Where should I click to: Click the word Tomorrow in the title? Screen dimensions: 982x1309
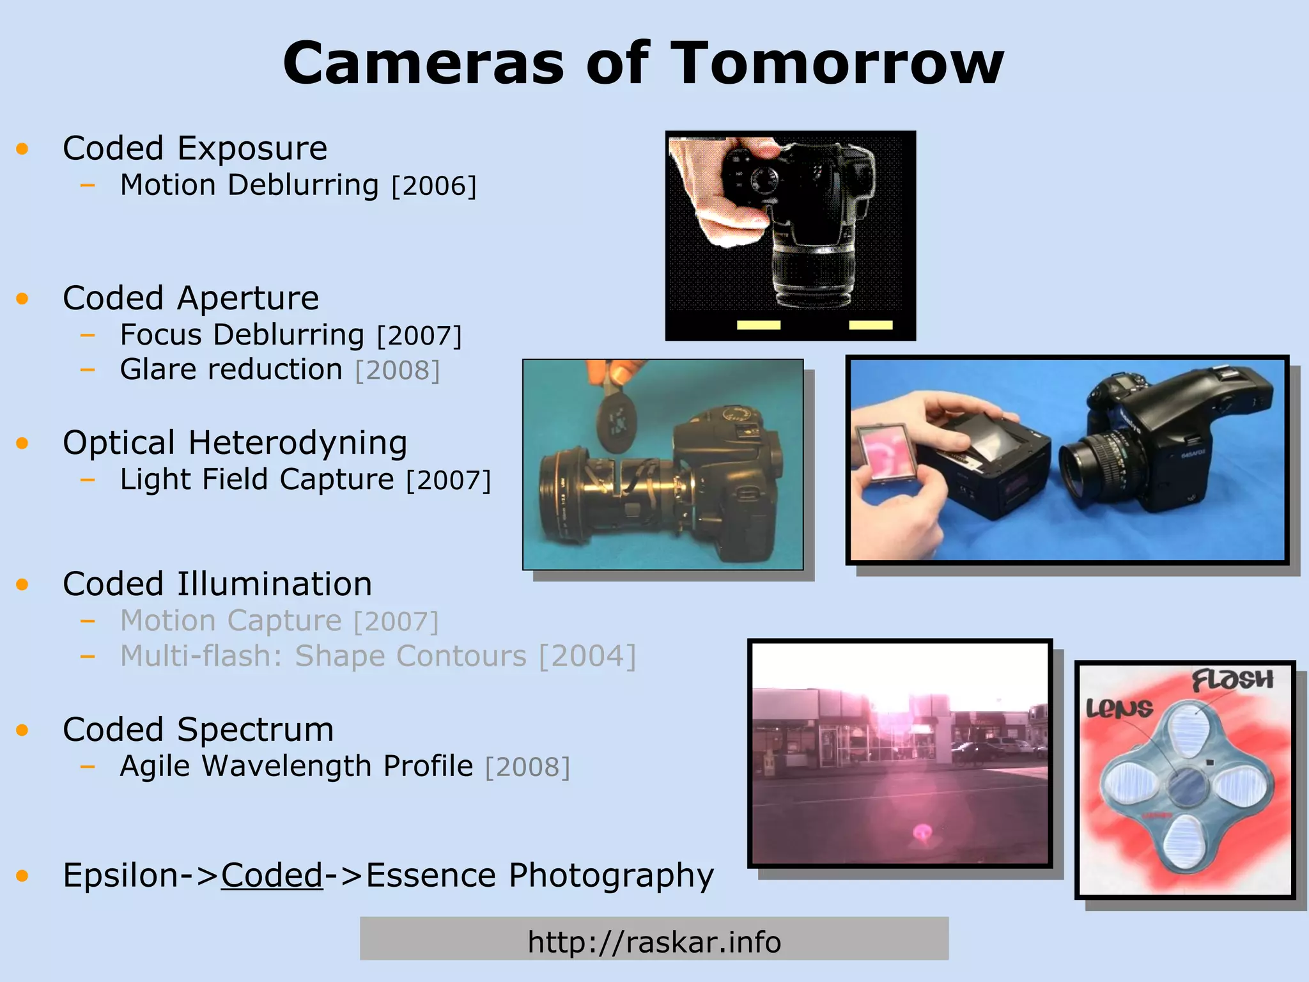(x=837, y=63)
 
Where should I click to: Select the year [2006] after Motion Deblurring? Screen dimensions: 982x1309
(x=434, y=186)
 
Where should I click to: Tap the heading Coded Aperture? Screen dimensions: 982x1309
(x=190, y=298)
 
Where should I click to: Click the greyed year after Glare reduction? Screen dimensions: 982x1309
(x=398, y=370)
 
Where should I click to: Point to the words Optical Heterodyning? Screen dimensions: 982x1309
(x=235, y=442)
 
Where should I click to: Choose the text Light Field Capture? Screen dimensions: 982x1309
(x=257, y=479)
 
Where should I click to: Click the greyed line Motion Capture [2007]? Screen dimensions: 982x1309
(x=279, y=621)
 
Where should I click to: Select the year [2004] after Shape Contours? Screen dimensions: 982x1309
(x=587, y=657)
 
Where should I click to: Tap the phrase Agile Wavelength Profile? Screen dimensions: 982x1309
(x=297, y=766)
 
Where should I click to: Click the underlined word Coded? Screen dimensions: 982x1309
(x=272, y=875)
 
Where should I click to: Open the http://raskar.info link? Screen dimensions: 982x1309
(x=654, y=942)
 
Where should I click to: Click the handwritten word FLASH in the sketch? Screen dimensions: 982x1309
(x=1232, y=680)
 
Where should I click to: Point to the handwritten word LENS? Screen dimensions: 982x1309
(x=1119, y=708)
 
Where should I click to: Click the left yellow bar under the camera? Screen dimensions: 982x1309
(x=759, y=325)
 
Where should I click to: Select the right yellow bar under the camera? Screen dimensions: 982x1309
(x=871, y=325)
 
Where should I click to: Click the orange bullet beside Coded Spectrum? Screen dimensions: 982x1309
(x=23, y=729)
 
